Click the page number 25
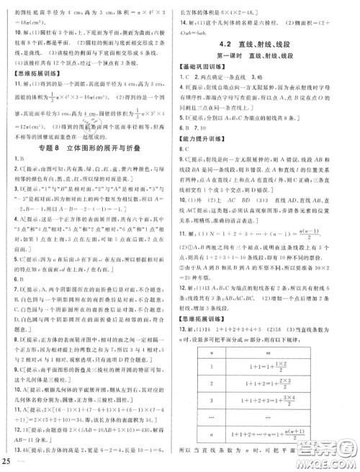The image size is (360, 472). (x=8, y=461)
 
